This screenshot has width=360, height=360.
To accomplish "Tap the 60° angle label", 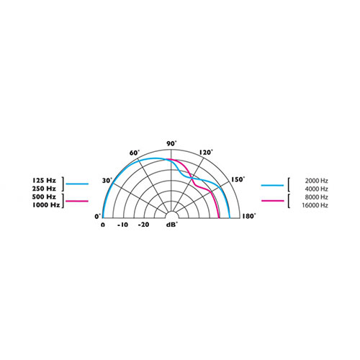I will pyautogui.click(x=133, y=153).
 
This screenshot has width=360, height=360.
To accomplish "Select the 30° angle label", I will pyautogui.click(x=107, y=180).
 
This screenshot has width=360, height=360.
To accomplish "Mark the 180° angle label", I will pyautogui.click(x=249, y=215).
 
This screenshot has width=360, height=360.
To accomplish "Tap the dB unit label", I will pyautogui.click(x=171, y=225).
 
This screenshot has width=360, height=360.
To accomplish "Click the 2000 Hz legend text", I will pyautogui.click(x=316, y=180).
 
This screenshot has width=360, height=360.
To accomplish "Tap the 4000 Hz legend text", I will pyautogui.click(x=316, y=189).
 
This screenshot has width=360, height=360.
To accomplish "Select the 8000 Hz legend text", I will pyautogui.click(x=316, y=197).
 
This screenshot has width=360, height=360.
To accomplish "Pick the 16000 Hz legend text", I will pyautogui.click(x=316, y=206).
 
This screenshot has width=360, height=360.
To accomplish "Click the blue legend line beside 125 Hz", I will pyautogui.click(x=77, y=184).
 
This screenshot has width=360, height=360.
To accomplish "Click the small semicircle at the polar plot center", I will pyautogui.click(x=171, y=215).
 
